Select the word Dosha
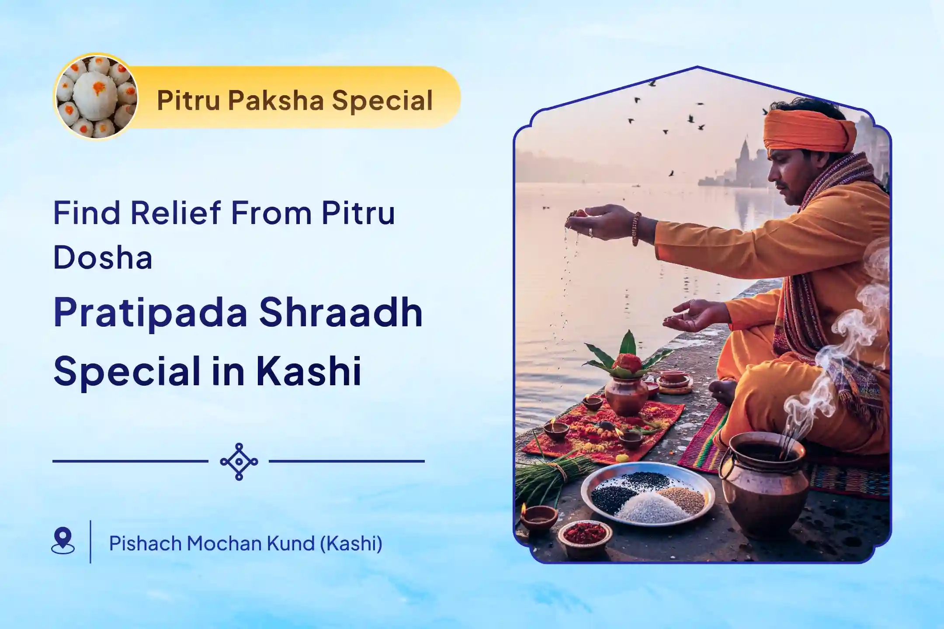pyautogui.click(x=103, y=257)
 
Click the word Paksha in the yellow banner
pyautogui.click(x=276, y=100)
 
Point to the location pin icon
pyautogui.click(x=63, y=541)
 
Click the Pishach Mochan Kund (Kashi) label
pyautogui.click(x=246, y=543)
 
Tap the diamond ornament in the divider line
pyautogui.click(x=239, y=462)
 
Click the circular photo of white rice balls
pyautogui.click(x=97, y=97)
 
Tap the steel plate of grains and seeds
pyautogui.click(x=648, y=497)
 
